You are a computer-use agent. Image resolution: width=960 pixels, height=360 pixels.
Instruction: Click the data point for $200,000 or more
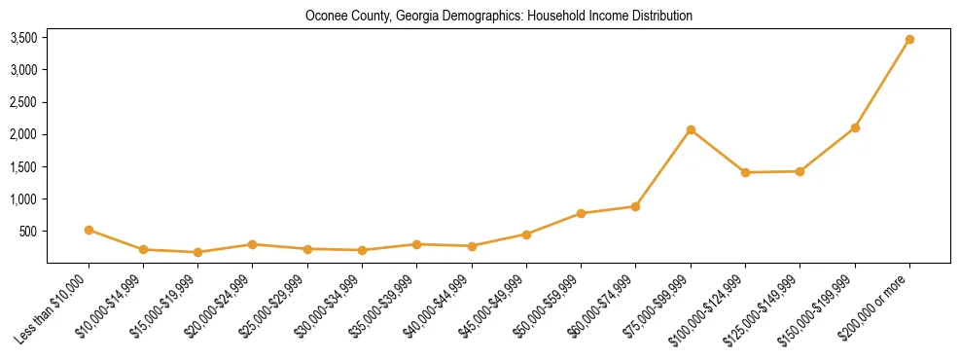coord(909,40)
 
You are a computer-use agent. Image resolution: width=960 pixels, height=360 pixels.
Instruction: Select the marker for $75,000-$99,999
coord(691,129)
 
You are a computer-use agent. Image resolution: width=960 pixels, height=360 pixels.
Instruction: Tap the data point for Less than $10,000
coord(89,231)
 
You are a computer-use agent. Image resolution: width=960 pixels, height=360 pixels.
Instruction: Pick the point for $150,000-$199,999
coord(855,127)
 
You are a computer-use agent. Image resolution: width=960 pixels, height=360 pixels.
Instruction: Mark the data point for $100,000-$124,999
coord(745,172)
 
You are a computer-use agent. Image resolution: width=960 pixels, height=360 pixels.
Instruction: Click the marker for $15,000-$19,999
coord(197,252)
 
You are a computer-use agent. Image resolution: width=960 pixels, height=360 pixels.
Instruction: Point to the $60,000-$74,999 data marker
coord(635,206)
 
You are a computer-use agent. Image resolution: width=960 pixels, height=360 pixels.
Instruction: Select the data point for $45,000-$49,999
coord(526,234)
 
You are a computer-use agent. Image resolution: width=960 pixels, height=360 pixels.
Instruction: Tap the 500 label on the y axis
coord(28,232)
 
